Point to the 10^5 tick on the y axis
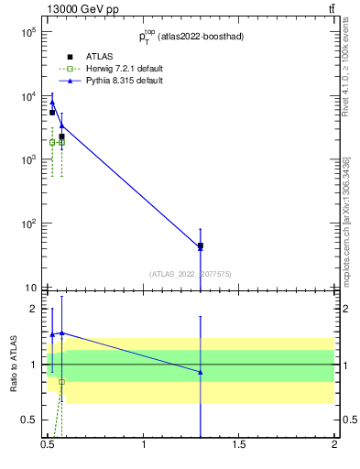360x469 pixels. [x=28, y=32]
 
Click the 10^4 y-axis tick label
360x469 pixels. [x=28, y=96]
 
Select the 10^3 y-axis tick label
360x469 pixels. [x=28, y=159]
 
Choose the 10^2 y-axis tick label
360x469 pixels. [x=28, y=224]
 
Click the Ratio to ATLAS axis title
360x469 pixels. [x=14, y=364]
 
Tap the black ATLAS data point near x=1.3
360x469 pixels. [x=201, y=245]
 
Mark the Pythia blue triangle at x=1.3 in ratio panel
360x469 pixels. [x=201, y=372]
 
